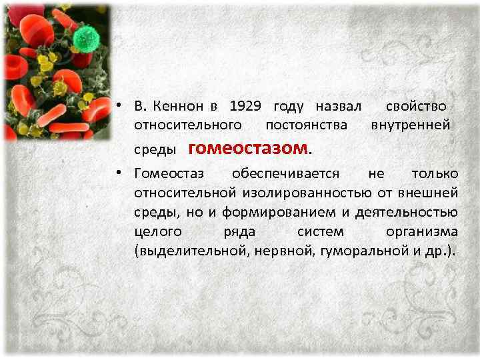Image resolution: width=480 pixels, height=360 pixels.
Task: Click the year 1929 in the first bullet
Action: pyautogui.click(x=247, y=107)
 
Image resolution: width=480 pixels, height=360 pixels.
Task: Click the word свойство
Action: pyautogui.click(x=416, y=107)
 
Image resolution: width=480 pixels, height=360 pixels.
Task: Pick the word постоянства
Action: pyautogui.click(x=306, y=125)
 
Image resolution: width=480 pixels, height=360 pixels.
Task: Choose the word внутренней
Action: pyautogui.click(x=411, y=125)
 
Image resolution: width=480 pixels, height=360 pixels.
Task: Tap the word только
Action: pyautogui.click(x=435, y=175)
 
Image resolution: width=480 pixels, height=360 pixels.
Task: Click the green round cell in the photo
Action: pyautogui.click(x=85, y=38)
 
